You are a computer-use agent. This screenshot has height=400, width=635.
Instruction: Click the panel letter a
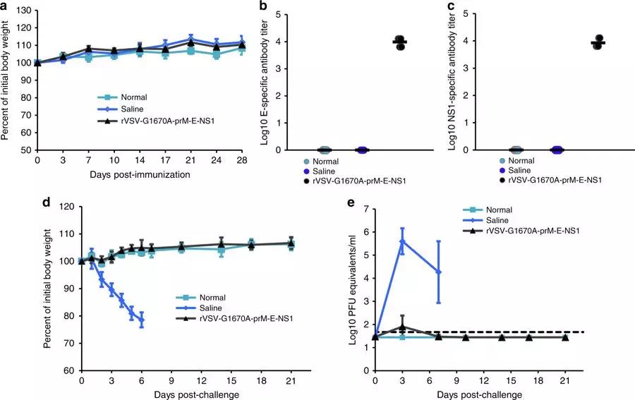click(7, 6)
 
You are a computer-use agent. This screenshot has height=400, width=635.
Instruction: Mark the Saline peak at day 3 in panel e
click(402, 241)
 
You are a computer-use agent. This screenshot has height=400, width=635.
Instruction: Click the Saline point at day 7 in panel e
click(438, 272)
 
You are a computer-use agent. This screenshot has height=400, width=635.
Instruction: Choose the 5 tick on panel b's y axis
click(279, 14)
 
